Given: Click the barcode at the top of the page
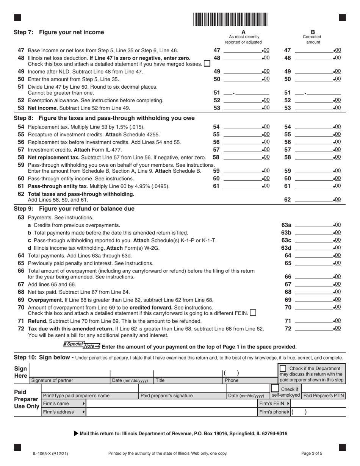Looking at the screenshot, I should point(230,19).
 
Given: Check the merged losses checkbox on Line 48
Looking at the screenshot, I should point(207,64).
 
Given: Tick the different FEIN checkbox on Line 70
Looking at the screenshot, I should point(253,313).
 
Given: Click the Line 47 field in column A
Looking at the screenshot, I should point(243,50).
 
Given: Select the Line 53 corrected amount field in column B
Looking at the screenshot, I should point(313,108).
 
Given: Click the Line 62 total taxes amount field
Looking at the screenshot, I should point(313,200).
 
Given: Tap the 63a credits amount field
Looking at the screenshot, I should point(313,225).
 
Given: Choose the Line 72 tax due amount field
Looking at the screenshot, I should point(313,328).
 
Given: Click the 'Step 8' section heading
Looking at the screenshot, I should point(104,118).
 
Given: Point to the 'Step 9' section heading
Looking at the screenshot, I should point(74,209).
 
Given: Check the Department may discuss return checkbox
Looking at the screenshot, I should point(283,368).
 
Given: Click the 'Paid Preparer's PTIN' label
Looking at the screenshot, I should point(324,396).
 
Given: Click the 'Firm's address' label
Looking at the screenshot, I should point(58,412).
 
